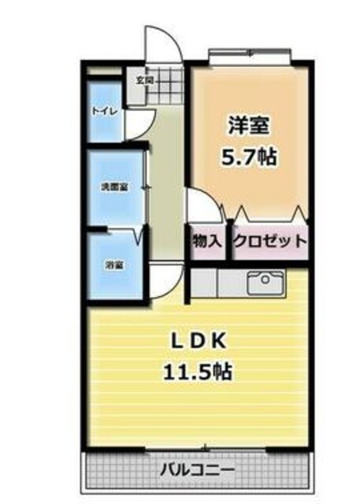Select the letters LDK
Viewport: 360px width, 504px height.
point(201,340)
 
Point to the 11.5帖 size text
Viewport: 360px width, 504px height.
point(201,371)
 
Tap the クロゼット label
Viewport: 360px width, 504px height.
point(269,242)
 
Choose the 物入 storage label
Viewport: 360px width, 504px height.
point(206,242)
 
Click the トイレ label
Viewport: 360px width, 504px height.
point(105,111)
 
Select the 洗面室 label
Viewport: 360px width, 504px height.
point(114,187)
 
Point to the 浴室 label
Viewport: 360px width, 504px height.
point(114,265)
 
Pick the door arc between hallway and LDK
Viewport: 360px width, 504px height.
point(167,277)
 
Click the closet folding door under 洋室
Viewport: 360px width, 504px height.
point(268,213)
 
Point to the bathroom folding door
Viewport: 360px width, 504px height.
point(141,234)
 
